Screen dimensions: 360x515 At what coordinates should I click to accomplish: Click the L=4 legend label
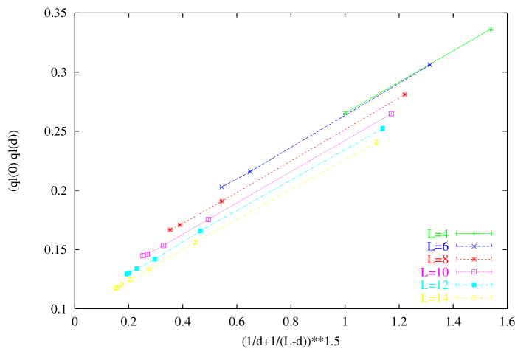click(437, 234)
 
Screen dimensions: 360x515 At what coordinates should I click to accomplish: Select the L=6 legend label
click(437, 246)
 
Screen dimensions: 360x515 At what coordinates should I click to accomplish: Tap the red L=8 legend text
click(437, 260)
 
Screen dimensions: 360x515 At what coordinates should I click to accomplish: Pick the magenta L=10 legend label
click(434, 272)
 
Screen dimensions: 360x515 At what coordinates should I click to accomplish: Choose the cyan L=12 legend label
click(434, 285)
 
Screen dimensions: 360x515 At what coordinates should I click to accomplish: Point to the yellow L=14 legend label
click(434, 299)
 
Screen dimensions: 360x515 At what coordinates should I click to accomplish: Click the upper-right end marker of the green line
click(491, 30)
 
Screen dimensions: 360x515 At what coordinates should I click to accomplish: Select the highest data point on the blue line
click(429, 65)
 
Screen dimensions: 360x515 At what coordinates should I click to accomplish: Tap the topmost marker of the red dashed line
click(405, 94)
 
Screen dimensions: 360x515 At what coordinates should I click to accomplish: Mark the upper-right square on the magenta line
click(391, 114)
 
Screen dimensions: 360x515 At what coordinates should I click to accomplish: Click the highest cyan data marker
click(382, 128)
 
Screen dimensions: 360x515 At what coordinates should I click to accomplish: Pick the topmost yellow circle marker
click(376, 142)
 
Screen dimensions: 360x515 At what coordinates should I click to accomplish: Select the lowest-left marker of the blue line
click(222, 187)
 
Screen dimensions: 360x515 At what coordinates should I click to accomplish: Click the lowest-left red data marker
click(170, 229)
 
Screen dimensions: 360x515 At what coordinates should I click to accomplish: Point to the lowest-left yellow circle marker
click(116, 288)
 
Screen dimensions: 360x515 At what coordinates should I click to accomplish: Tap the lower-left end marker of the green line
click(345, 113)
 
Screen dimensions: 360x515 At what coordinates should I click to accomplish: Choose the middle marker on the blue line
click(250, 171)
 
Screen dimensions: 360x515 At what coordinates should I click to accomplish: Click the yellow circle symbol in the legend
click(474, 298)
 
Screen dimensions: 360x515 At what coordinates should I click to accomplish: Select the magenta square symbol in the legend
click(474, 272)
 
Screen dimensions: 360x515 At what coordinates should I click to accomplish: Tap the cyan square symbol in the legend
click(474, 285)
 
